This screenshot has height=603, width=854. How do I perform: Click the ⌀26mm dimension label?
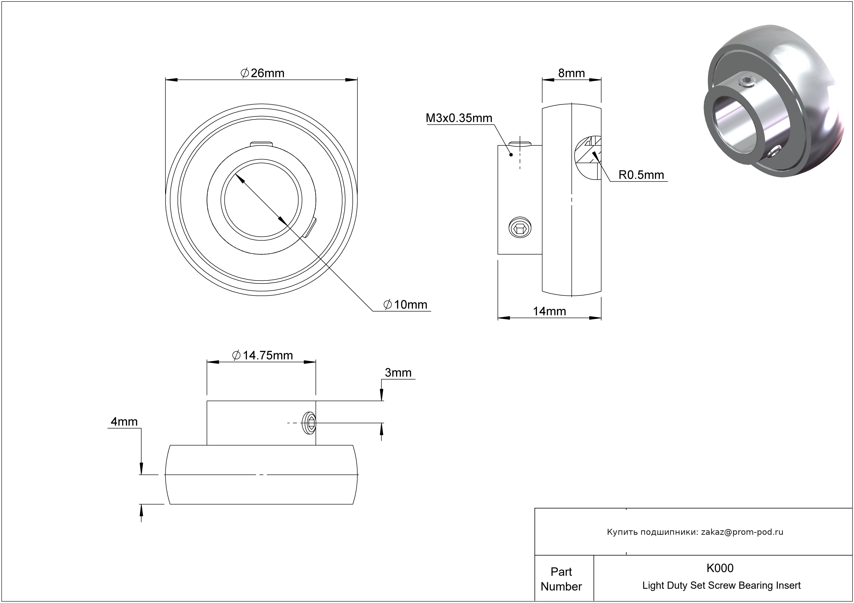pyautogui.click(x=263, y=73)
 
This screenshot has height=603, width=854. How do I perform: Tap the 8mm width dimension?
pyautogui.click(x=571, y=73)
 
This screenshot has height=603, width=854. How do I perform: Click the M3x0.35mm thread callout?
pyautogui.click(x=459, y=118)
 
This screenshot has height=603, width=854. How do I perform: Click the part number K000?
pyautogui.click(x=720, y=568)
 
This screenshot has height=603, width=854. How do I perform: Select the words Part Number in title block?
pyautogui.click(x=561, y=579)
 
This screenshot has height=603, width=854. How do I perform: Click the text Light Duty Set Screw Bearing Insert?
pyautogui.click(x=721, y=585)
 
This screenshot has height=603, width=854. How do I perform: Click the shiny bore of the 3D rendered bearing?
pyautogui.click(x=732, y=125)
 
